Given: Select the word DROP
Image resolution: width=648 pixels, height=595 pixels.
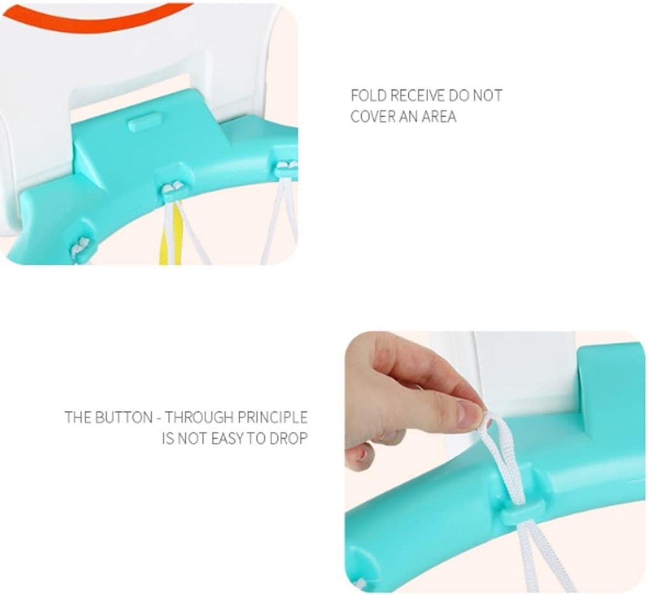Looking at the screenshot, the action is pyautogui.click(x=289, y=438).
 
